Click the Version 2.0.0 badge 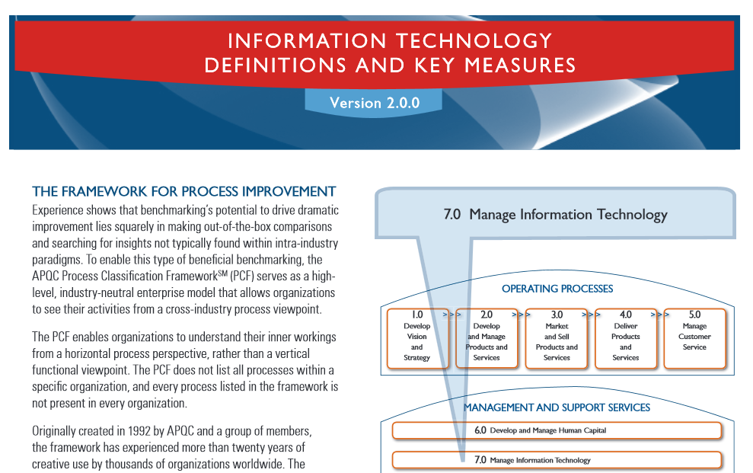point(374,102)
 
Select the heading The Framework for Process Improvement point(184,191)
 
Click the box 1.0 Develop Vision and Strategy point(417,338)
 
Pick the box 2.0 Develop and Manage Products point(487,338)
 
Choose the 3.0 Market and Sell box point(557,338)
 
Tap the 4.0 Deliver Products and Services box point(626,338)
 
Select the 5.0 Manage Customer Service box point(695,338)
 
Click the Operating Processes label point(557,289)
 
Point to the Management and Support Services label point(557,407)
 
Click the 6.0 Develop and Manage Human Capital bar point(557,430)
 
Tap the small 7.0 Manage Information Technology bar point(557,460)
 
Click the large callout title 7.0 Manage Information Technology point(556,214)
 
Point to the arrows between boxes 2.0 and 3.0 point(521,315)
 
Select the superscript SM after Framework point(222,273)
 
